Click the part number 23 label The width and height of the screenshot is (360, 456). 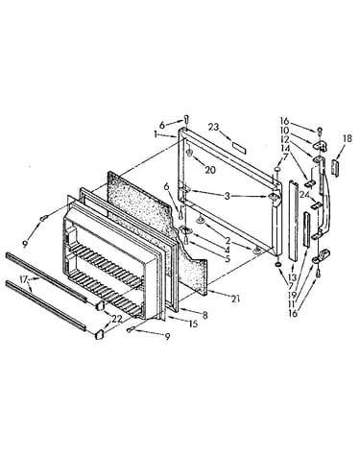click(213, 127)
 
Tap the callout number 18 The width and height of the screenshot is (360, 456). click(348, 138)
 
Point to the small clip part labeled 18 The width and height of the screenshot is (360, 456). click(334, 167)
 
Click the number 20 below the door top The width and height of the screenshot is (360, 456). click(210, 170)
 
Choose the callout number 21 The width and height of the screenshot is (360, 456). click(236, 300)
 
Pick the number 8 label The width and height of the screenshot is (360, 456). click(204, 315)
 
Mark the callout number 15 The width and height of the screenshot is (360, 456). click(193, 324)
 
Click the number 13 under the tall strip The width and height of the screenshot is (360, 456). click(292, 276)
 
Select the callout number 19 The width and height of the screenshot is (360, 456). click(292, 295)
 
